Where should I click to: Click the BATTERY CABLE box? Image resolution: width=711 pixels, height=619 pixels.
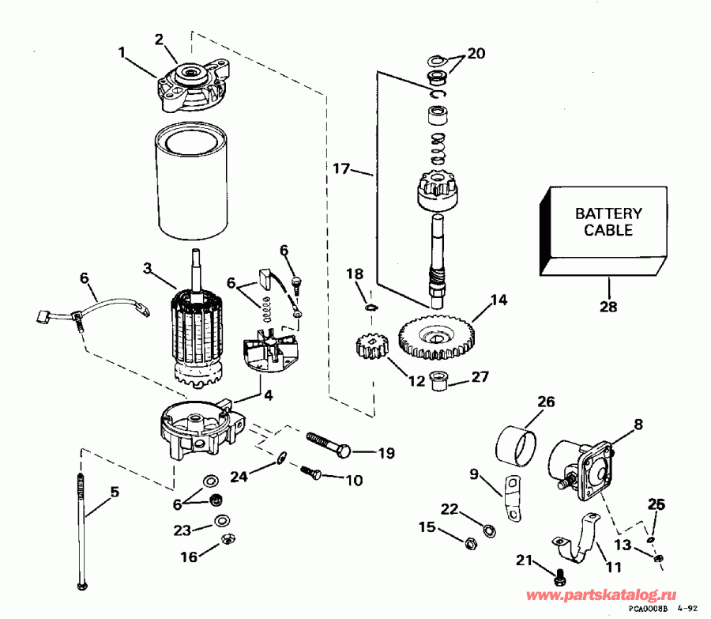[608, 224]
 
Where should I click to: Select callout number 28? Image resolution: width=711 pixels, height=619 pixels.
[609, 307]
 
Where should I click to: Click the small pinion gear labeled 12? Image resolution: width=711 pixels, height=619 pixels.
[371, 347]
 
